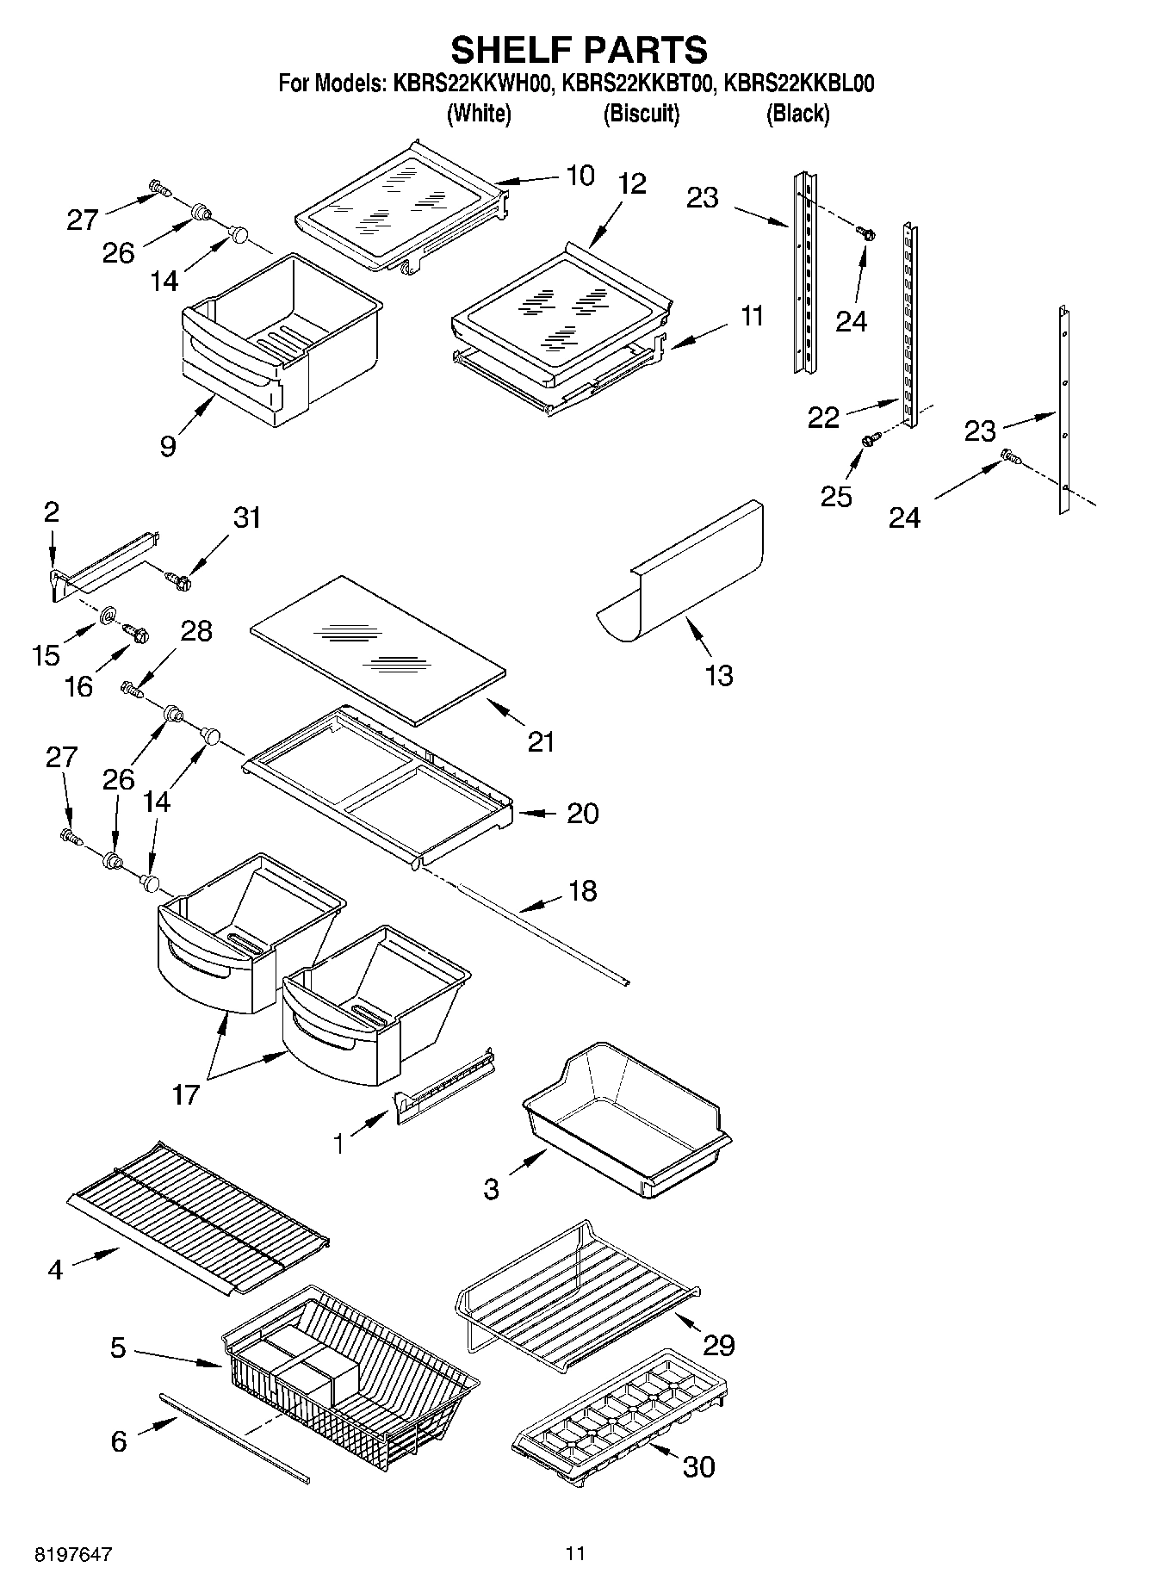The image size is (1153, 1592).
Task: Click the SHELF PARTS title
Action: [579, 50]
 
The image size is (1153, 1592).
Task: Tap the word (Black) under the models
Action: [797, 113]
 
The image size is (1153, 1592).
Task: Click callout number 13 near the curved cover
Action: [719, 675]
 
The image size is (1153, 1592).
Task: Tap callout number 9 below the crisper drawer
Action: [168, 445]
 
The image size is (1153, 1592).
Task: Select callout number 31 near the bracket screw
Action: [246, 518]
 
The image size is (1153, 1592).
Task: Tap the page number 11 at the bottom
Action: [575, 1553]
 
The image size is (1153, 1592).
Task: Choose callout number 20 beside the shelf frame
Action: [582, 814]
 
